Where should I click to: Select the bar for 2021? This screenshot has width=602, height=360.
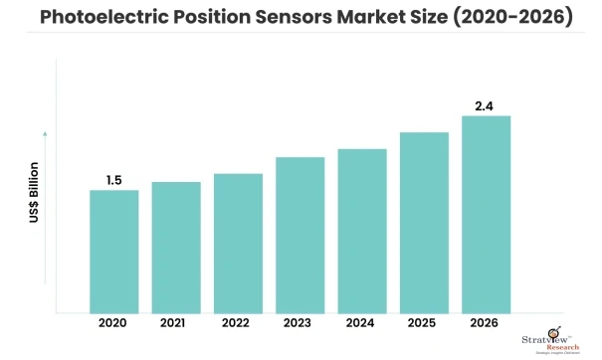click(176, 248)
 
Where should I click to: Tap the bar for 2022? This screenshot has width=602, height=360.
click(238, 244)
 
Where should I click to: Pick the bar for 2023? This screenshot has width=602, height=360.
click(301, 235)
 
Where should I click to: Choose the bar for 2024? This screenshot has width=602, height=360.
click(362, 231)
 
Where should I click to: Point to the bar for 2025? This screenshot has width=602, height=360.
click(424, 223)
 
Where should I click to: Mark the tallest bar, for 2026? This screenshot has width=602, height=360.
click(487, 214)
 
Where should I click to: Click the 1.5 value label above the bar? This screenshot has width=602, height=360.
click(114, 180)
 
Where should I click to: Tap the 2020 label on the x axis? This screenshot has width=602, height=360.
click(114, 324)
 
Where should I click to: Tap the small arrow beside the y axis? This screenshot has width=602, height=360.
click(45, 131)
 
